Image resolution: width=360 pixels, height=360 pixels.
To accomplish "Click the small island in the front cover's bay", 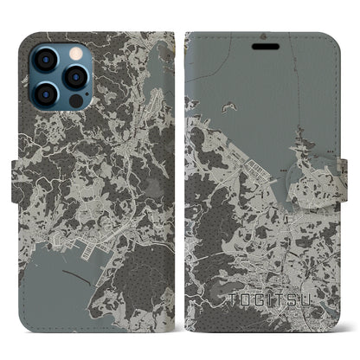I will click(229, 107).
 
